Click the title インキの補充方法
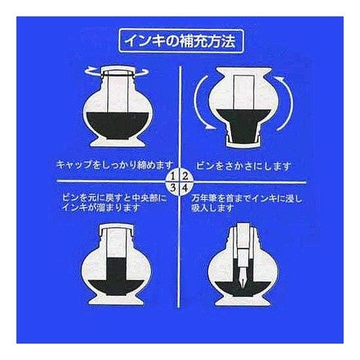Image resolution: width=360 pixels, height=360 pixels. coord(181,41)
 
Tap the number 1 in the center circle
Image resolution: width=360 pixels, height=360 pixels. coord(174,176)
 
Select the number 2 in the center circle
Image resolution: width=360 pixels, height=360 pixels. coord(185,176)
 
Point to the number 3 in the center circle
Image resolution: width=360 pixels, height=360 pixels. coord(173,188)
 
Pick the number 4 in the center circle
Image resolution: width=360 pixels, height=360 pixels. coord(185,188)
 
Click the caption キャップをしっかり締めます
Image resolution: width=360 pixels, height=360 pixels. coord(114,165)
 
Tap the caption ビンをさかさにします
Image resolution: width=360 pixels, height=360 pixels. coord(243,166)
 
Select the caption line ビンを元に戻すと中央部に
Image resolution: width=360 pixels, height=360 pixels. coord(114,198)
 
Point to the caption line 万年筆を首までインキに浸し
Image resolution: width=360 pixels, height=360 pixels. coord(246,199)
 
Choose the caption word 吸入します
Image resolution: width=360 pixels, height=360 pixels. coord(212,208)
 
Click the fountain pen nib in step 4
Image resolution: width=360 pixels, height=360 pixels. coord(243,278)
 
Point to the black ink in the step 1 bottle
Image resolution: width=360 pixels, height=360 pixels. coord(117,125)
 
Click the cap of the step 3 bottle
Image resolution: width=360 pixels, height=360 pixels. coord(117,228)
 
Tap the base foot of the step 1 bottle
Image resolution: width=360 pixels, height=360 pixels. coord(117,143)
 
